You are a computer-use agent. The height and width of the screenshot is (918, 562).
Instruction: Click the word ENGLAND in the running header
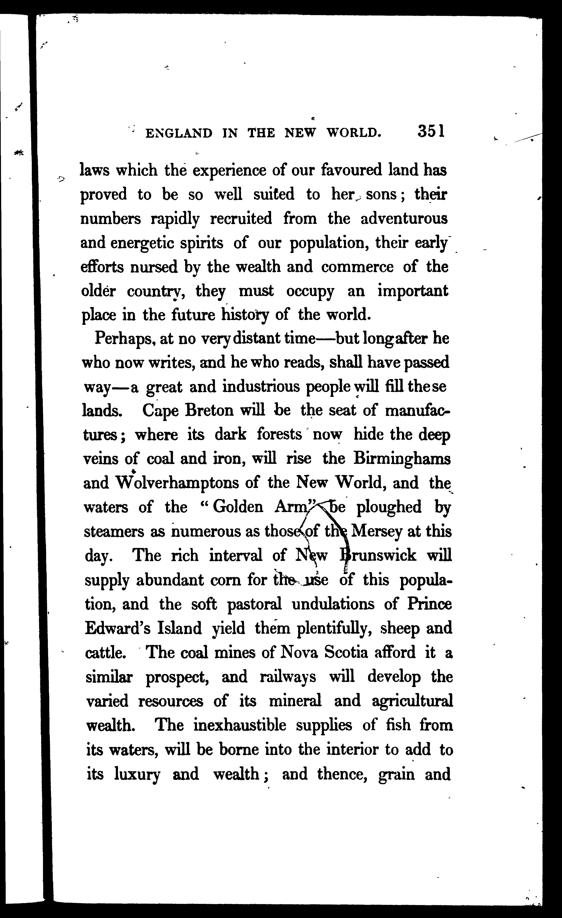(179, 133)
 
